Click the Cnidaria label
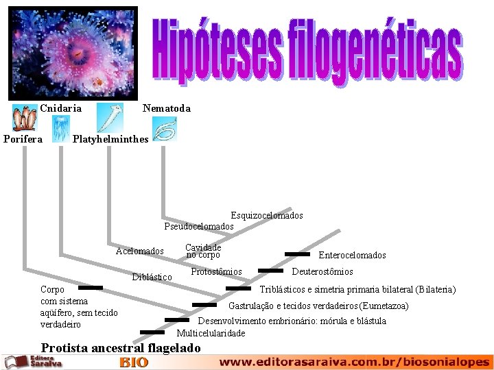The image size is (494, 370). [60, 108]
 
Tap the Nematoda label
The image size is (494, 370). [166, 108]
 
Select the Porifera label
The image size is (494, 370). [23, 139]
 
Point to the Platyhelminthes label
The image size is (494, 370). [110, 139]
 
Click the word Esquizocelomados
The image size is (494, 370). [266, 216]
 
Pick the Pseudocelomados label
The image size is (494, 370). [199, 226]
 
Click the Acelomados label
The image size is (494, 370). [140, 251]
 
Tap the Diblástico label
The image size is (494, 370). [152, 277]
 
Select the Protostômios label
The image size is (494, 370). [216, 272]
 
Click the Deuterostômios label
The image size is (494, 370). [322, 272]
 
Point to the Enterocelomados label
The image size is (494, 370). [352, 256]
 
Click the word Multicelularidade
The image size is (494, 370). [211, 334]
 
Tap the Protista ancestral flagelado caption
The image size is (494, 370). [121, 348]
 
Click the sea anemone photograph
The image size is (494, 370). [73, 53]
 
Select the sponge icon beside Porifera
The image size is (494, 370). [25, 118]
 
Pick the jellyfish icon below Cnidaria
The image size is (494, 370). [60, 128]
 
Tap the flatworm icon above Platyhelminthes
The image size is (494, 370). [109, 117]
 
